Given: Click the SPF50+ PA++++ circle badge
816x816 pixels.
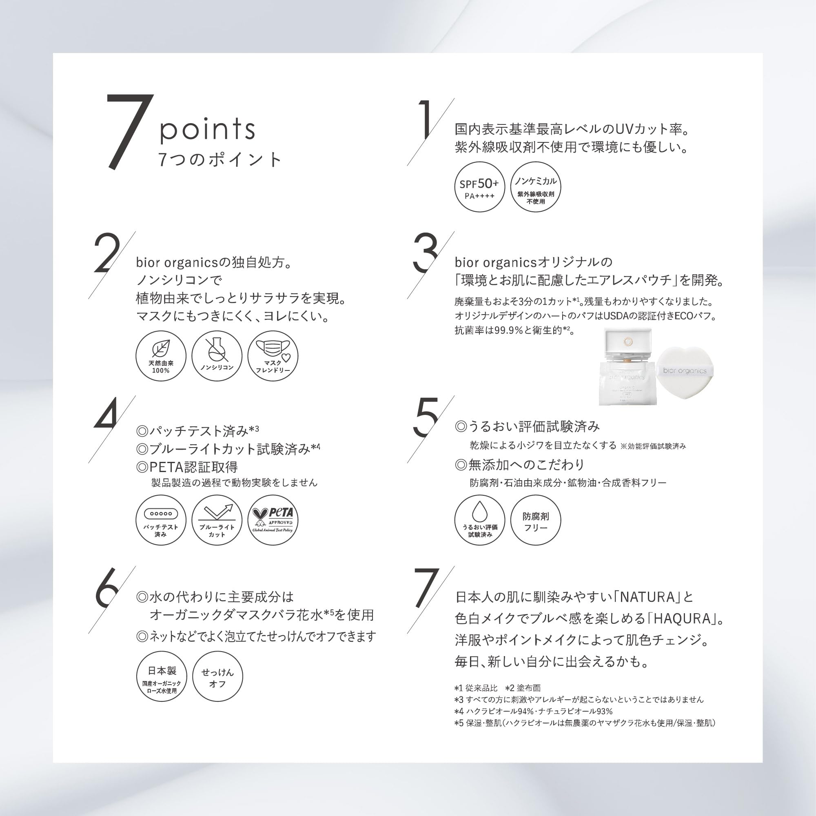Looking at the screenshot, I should (479, 187).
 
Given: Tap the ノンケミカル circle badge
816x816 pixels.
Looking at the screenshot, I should (536, 187).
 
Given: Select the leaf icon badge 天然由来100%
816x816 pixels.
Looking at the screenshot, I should (161, 356).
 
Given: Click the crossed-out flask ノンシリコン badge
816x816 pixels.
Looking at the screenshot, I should (217, 356).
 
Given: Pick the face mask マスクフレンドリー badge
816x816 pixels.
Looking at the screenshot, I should (273, 356).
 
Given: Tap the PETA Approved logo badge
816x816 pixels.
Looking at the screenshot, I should (273, 520).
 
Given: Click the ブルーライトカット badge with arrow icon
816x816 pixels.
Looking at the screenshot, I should (217, 520).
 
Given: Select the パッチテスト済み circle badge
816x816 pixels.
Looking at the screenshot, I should (161, 520).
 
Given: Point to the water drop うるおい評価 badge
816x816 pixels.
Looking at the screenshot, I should (479, 520).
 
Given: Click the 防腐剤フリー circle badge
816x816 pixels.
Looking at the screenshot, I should (536, 520).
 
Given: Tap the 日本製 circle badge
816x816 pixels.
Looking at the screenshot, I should (162, 676).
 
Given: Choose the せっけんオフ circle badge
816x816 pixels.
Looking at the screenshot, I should (217, 676).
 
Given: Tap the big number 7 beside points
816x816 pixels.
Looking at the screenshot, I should (129, 132).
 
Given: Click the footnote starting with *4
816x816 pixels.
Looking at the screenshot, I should (533, 711).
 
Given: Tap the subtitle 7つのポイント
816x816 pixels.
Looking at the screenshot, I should (219, 160).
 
